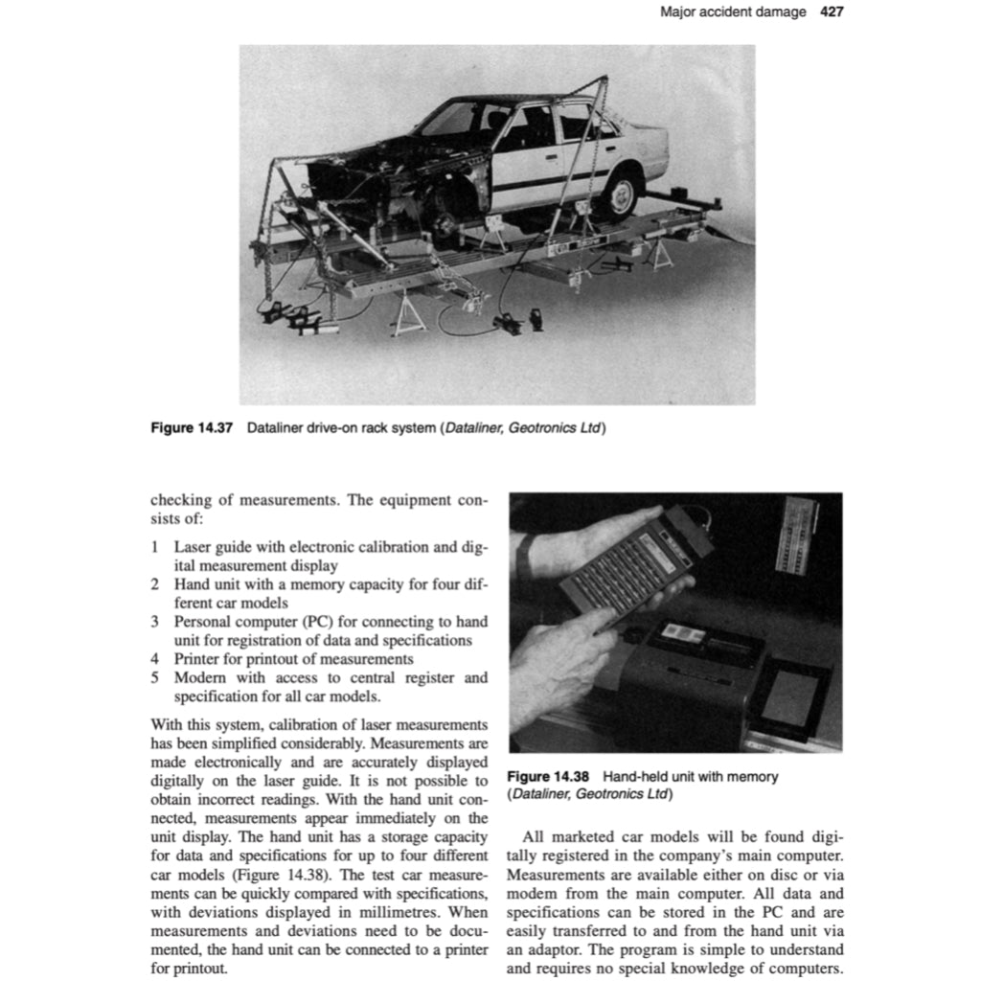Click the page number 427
[832, 12]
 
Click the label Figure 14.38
[548, 777]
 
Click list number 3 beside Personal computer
[154, 622]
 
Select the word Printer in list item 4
[196, 659]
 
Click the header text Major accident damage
[733, 12]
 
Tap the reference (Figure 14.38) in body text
[275, 876]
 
